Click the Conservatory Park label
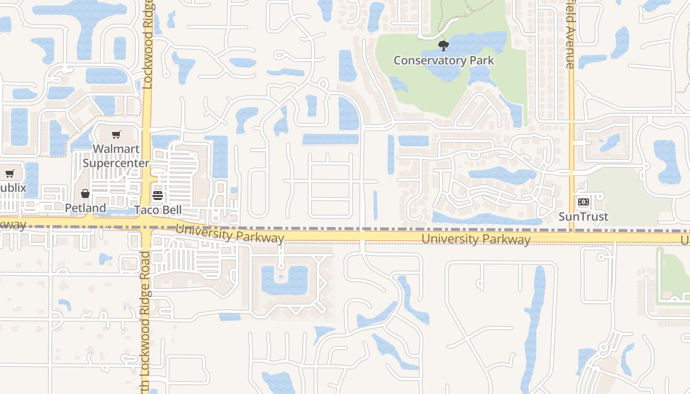(x=444, y=61)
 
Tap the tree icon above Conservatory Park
(x=444, y=46)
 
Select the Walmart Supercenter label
(x=116, y=156)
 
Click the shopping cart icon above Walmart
(x=116, y=134)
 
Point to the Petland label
(x=85, y=208)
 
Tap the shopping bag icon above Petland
(x=85, y=194)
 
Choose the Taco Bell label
(x=159, y=210)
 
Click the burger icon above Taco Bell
(x=158, y=196)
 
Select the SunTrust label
(x=583, y=217)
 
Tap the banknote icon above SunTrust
(x=583, y=202)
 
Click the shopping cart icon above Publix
(x=9, y=173)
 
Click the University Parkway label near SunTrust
(x=476, y=239)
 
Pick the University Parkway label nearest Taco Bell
(x=230, y=233)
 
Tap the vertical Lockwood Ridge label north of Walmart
(x=148, y=44)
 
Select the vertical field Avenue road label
(x=570, y=34)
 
